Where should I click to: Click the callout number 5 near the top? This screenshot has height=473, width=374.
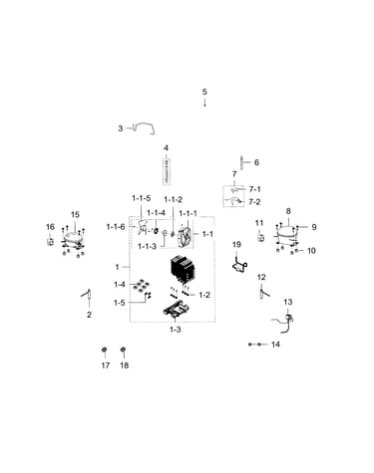[204, 92]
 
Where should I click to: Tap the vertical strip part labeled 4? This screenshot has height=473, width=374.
[167, 171]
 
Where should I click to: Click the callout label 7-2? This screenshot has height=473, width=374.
[254, 202]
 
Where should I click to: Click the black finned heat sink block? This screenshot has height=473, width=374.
[181, 270]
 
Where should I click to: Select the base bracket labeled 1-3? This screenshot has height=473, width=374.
[177, 310]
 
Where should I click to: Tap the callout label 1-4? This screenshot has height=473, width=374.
[120, 285]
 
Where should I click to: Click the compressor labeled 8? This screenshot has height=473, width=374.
[286, 231]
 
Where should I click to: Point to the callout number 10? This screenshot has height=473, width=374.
[311, 250]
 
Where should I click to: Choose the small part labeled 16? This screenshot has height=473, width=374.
[50, 241]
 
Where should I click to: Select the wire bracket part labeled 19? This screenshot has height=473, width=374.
[239, 265]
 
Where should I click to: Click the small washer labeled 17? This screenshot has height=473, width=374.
[105, 350]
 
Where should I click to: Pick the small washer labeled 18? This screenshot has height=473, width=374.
[124, 350]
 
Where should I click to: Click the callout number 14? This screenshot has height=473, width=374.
[275, 345]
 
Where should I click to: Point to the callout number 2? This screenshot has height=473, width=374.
[89, 315]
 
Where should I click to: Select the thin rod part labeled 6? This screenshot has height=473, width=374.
[241, 162]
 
